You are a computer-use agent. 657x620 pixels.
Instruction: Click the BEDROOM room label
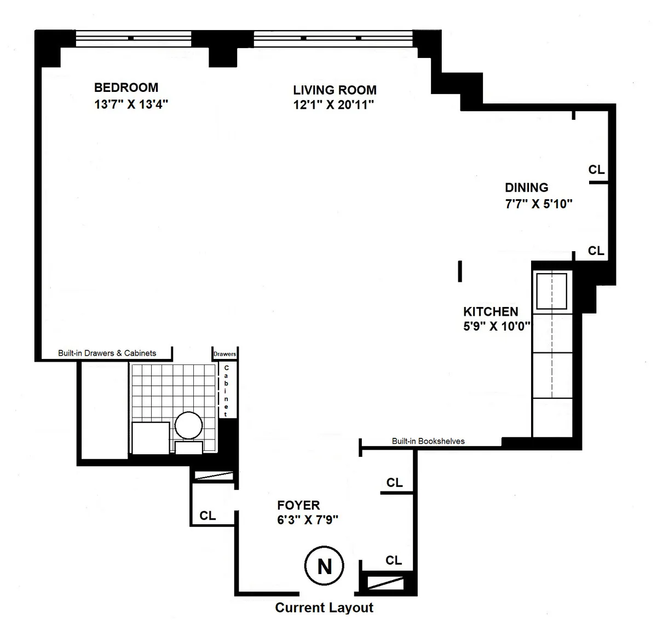coord(126,88)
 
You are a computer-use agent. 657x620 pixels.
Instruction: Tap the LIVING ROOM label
coord(335,90)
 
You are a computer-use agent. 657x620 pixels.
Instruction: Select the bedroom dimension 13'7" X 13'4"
coord(131,105)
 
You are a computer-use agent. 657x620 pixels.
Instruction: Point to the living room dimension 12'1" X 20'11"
coord(333,105)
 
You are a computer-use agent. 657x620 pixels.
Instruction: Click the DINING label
coord(526,188)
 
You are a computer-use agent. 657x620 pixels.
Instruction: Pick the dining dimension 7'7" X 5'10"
coord(539,204)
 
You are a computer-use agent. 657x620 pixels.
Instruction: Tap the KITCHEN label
coord(491,312)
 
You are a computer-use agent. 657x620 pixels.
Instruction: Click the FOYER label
coord(298,505)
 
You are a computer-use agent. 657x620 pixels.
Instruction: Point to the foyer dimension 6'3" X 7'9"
coord(308,520)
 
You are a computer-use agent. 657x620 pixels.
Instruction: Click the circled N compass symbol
coord(324,566)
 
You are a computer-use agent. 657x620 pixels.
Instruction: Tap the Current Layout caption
coord(324,607)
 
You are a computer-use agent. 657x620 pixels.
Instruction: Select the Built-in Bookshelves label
coord(428,441)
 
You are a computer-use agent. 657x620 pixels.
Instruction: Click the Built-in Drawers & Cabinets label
coord(107,354)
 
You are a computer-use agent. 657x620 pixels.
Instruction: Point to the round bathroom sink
coord(188,425)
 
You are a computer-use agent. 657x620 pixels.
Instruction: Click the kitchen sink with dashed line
coord(552,291)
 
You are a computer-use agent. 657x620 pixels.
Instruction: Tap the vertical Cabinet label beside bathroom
coord(226,391)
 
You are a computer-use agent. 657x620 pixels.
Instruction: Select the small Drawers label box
coord(224,354)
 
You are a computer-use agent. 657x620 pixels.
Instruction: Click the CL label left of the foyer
coord(208,515)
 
